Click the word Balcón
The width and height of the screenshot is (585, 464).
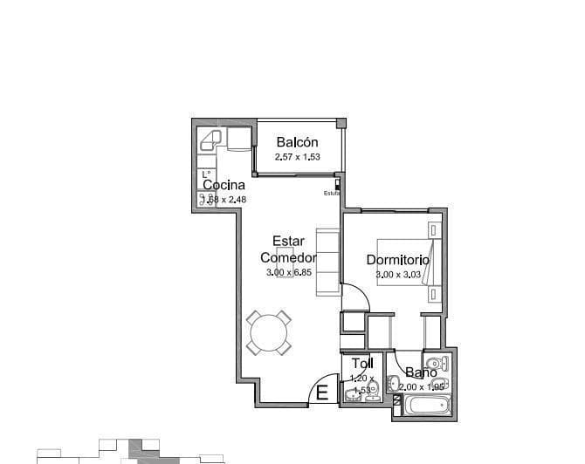[297, 143]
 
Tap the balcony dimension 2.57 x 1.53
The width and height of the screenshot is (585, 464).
[298, 157]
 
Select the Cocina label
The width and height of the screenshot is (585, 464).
[224, 185]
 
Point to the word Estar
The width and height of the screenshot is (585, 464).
[288, 242]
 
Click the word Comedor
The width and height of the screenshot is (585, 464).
[287, 257]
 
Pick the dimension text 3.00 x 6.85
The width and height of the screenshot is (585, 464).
[289, 273]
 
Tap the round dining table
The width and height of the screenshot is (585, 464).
[269, 332]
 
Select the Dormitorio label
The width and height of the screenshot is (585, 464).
[397, 260]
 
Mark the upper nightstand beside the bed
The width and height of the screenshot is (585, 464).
[433, 229]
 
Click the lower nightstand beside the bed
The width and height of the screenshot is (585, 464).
[433, 295]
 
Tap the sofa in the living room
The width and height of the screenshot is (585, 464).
[327, 262]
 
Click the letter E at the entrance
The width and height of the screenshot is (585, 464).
[321, 393]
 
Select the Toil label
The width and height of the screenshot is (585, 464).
[361, 364]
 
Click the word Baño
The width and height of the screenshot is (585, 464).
[421, 372]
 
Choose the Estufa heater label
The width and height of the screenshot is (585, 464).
[331, 193]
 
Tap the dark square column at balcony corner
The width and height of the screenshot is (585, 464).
[341, 123]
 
